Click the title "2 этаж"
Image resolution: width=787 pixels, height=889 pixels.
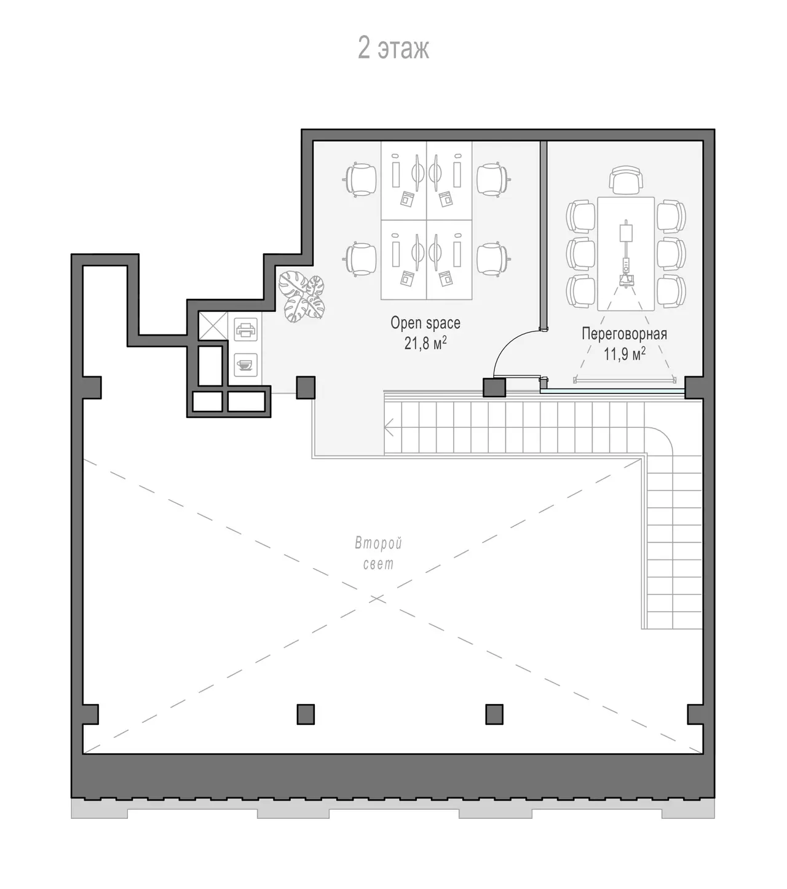pos(393,48)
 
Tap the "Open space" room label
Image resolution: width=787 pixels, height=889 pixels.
pos(425,323)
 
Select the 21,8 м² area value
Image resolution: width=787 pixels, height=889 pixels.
pos(425,342)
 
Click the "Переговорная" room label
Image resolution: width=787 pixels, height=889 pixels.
pos(624,334)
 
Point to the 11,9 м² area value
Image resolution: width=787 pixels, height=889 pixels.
pos(624,354)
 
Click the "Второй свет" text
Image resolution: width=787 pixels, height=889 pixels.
pos(378,553)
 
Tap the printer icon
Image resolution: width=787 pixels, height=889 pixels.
pos(246,329)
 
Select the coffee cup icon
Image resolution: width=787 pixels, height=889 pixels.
pos(245,365)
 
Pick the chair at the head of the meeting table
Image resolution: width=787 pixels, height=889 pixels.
pos(626,179)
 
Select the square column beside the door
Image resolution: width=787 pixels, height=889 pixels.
pos(494,387)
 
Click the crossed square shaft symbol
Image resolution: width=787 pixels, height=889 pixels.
pos(213,326)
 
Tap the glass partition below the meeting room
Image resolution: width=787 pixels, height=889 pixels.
pos(612,390)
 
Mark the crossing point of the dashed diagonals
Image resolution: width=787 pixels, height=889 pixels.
pos(377,599)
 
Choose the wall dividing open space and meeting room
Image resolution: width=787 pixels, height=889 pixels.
pos(544,235)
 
